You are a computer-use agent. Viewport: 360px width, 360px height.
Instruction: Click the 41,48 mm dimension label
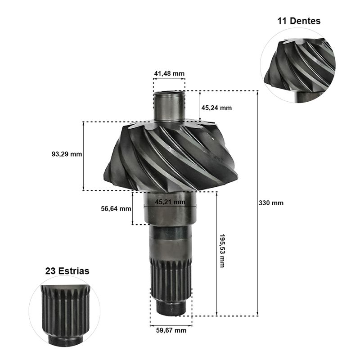pos(169,73)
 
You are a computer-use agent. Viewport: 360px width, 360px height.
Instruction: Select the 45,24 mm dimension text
pos(216,108)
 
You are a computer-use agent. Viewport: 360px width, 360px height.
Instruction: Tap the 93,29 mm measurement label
pos(67,154)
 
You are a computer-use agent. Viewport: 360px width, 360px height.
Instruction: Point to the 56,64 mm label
pos(116,209)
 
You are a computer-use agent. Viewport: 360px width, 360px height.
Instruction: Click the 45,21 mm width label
pos(170,202)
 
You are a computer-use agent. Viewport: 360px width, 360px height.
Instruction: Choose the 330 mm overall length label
pos(271,203)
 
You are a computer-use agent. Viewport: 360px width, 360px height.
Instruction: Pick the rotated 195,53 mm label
pos(222,251)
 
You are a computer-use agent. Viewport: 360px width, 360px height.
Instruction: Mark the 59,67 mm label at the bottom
pos(171,330)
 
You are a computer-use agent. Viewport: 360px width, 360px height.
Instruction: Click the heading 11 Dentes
pos(299,21)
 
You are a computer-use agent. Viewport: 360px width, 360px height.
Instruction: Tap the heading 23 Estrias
pos(67,271)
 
